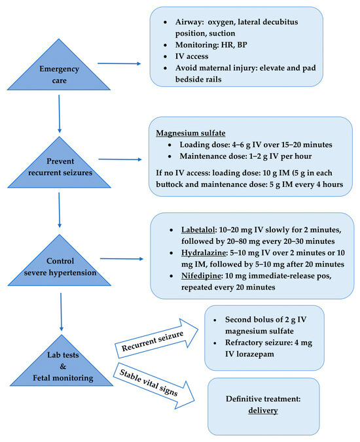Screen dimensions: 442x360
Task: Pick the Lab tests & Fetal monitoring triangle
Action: pyautogui.click(x=60, y=367)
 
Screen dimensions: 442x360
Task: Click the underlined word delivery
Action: pyautogui.click(x=263, y=411)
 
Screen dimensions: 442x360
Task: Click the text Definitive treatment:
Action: pyautogui.click(x=263, y=399)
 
